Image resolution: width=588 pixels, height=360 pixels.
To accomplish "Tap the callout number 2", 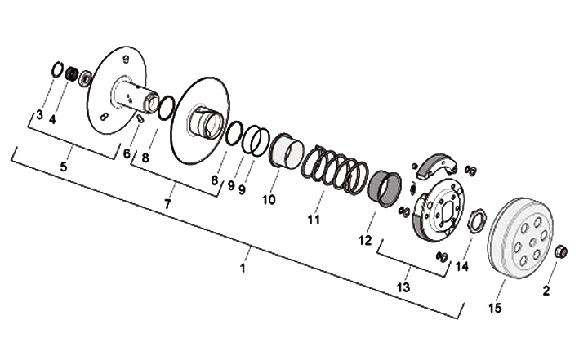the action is pyautogui.click(x=546, y=288).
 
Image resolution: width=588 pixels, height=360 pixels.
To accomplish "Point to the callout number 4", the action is pyautogui.click(x=52, y=119).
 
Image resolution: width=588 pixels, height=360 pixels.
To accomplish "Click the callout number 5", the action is pyautogui.click(x=64, y=167).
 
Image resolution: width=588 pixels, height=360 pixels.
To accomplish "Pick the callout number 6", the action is pyautogui.click(x=127, y=153).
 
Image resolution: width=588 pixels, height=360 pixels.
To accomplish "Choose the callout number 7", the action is pyautogui.click(x=167, y=204).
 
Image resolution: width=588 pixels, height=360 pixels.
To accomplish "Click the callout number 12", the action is pyautogui.click(x=365, y=240).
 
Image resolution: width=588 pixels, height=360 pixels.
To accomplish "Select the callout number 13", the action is pyautogui.click(x=403, y=287).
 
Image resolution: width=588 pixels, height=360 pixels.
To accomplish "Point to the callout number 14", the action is pyautogui.click(x=462, y=266).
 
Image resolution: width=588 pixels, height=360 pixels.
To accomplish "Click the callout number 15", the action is pyautogui.click(x=495, y=308).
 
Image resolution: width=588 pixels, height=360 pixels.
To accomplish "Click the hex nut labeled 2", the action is pyautogui.click(x=560, y=251).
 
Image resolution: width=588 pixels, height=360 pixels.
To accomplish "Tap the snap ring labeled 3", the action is pyautogui.click(x=56, y=70).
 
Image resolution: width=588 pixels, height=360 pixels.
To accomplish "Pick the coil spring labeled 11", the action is pyautogui.click(x=335, y=171).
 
